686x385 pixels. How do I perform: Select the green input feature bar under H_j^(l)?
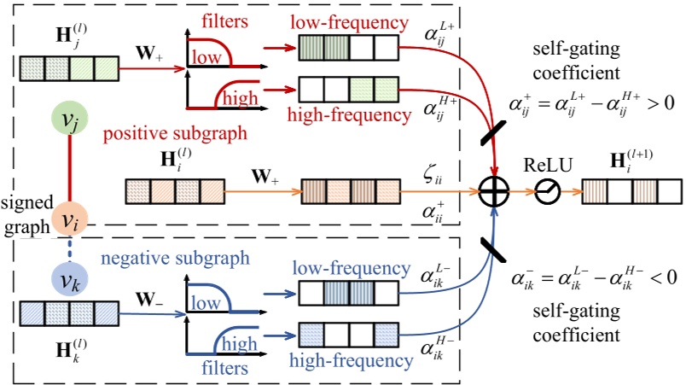coord(67,67)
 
